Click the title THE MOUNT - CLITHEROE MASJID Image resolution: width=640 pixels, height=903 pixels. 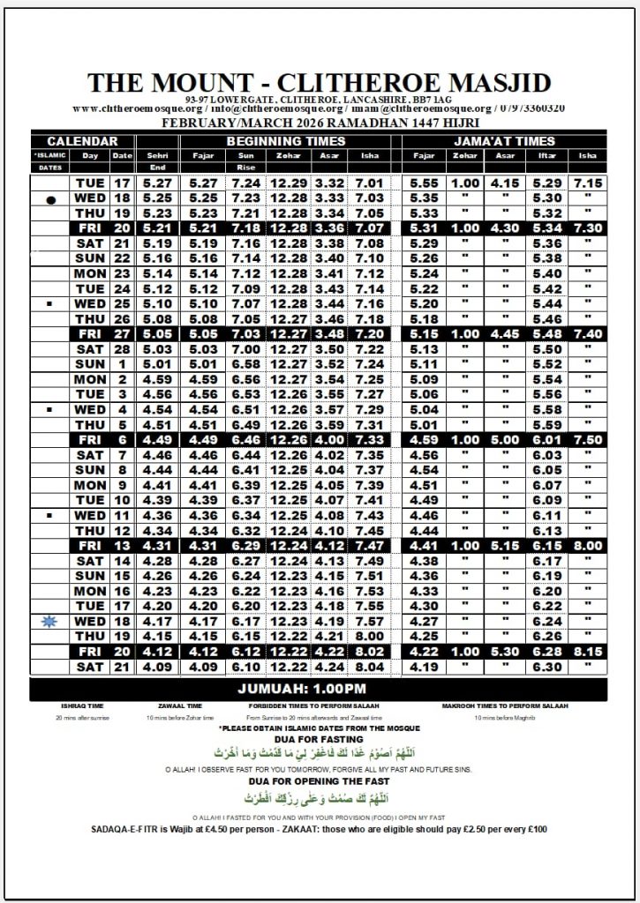click(319, 82)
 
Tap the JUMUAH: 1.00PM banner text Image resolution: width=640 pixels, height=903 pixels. click(319, 689)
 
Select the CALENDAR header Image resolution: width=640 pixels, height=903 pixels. click(83, 141)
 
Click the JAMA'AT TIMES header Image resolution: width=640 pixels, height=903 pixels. click(504, 141)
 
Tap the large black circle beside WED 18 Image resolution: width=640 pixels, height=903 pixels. click(50, 199)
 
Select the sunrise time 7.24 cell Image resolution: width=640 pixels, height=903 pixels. click(246, 183)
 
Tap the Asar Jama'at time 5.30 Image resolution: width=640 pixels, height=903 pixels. click(505, 652)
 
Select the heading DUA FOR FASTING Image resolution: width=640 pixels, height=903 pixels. click(319, 739)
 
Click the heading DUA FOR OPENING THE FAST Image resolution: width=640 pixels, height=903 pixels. click(319, 782)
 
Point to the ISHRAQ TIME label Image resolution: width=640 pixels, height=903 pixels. click(82, 705)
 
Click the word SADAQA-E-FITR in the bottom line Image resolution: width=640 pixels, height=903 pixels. click(132, 830)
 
